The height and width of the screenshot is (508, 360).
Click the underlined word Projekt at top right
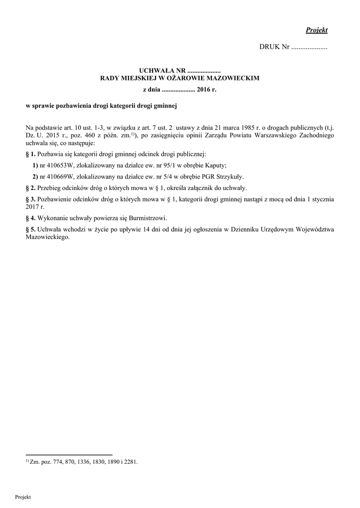point(316,30)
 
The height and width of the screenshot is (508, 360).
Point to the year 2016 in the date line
point(204,90)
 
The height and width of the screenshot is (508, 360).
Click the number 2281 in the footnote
point(131,461)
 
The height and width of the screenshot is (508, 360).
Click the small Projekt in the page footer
point(23,497)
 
